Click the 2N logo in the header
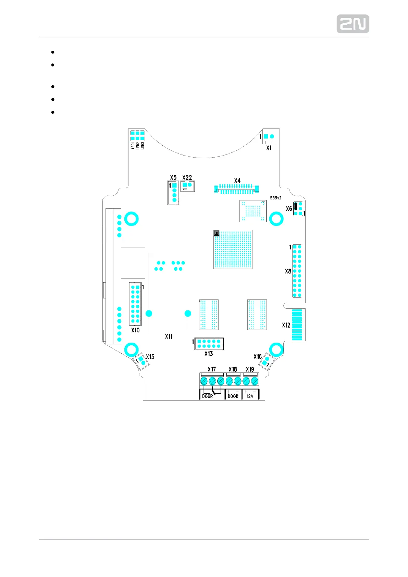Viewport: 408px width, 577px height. (353, 24)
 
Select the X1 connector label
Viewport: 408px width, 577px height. (269, 148)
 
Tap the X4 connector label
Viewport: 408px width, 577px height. (237, 181)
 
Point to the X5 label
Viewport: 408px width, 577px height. (173, 177)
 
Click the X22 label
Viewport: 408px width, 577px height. (187, 177)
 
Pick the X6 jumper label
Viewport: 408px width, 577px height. (289, 209)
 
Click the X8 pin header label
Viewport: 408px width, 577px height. (288, 271)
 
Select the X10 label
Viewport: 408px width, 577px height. (135, 330)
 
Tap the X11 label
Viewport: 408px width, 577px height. (169, 336)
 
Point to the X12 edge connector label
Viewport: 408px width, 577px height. (286, 325)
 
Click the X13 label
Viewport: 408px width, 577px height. (209, 354)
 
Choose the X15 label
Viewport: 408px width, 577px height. (150, 357)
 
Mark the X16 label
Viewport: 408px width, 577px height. (258, 357)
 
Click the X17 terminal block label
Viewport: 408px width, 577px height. (212, 369)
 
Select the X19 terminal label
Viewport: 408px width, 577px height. (250, 369)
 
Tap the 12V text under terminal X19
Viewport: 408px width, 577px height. (250, 396)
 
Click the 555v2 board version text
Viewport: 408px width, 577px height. (275, 198)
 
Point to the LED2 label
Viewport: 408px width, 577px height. (138, 146)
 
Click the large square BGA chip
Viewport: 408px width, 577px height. (233, 249)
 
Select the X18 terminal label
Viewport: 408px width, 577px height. (233, 369)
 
